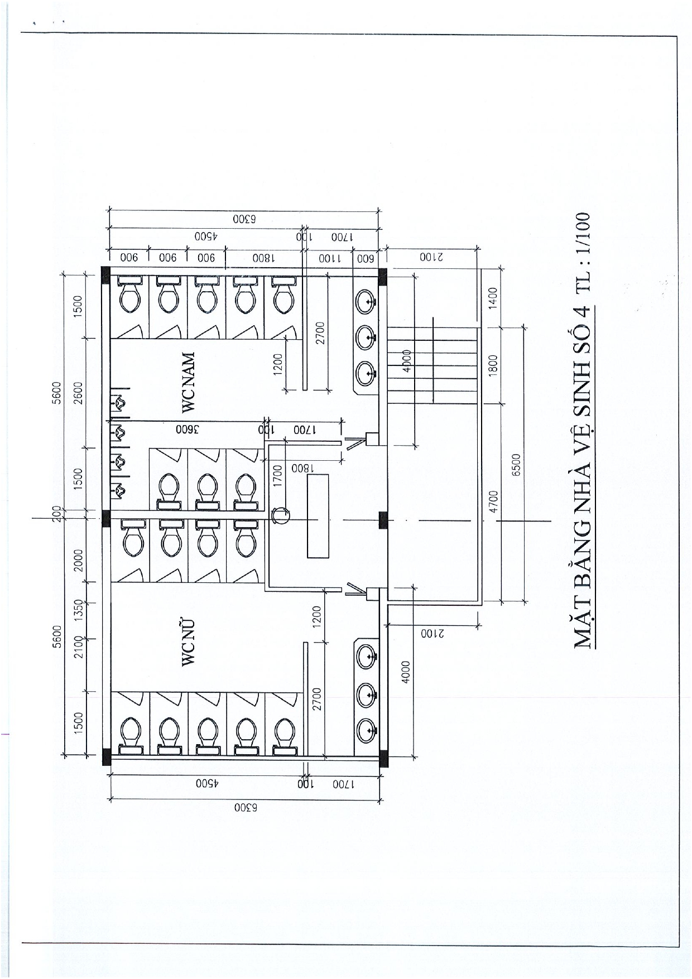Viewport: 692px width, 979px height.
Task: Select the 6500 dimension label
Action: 516,465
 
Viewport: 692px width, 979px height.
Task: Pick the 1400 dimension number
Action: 492,298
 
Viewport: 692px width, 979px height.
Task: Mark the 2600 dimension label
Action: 78,393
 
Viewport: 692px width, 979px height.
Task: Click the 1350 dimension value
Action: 78,610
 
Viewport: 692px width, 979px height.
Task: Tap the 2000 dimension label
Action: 78,560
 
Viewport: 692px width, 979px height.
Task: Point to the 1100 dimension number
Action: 330,258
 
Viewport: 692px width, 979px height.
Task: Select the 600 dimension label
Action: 365,258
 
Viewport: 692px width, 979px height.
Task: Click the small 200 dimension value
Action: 56,513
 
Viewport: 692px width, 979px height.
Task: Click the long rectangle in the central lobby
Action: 318,515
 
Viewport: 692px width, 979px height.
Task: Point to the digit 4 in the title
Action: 583,311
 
